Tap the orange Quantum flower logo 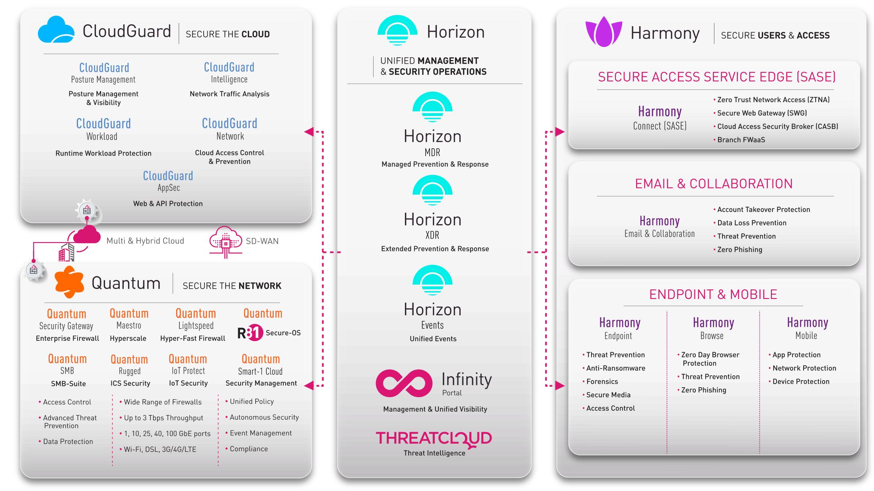click(x=69, y=282)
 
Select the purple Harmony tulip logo click(x=603, y=32)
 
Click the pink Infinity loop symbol click(x=404, y=383)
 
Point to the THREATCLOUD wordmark click(x=434, y=439)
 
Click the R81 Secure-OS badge click(x=269, y=333)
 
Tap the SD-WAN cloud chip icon click(x=226, y=241)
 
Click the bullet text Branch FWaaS click(x=741, y=140)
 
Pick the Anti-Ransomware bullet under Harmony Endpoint click(x=615, y=368)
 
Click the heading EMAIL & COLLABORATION click(x=714, y=184)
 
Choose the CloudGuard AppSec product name click(x=168, y=181)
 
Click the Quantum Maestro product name click(x=129, y=319)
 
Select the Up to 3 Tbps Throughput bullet click(x=163, y=418)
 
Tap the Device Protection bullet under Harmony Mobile click(x=800, y=381)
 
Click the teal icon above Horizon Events click(x=432, y=281)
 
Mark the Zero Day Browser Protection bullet click(x=710, y=359)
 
